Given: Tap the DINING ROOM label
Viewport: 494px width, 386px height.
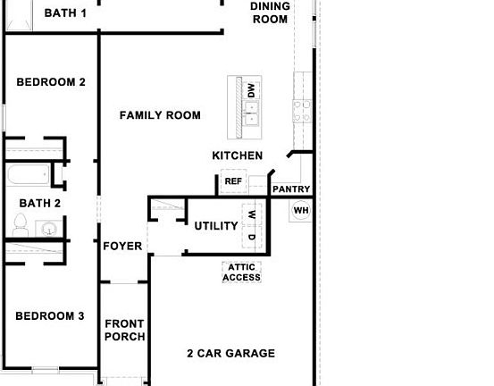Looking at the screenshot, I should (269, 13).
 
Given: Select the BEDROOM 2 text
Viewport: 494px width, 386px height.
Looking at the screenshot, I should (51, 82).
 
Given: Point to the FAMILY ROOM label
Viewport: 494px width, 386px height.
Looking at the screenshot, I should (160, 115).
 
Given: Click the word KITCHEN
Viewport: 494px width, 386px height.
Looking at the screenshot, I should (237, 155).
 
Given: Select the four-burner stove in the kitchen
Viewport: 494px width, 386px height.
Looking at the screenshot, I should (302, 110).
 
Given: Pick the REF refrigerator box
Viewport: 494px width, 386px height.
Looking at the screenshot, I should (233, 181).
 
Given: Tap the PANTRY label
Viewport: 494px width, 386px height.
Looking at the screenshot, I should (290, 189).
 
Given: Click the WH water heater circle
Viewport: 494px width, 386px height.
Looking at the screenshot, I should (301, 211).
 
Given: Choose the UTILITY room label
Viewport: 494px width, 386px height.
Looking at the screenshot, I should (216, 226).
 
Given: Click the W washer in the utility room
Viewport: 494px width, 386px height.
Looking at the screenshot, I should (252, 214).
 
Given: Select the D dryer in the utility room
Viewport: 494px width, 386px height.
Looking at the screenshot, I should (252, 238).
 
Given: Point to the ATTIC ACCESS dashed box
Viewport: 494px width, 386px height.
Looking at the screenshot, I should (242, 273).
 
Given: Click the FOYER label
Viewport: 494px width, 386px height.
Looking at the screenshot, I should (122, 246).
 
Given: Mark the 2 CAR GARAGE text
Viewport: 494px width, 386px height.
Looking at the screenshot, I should (230, 353).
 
